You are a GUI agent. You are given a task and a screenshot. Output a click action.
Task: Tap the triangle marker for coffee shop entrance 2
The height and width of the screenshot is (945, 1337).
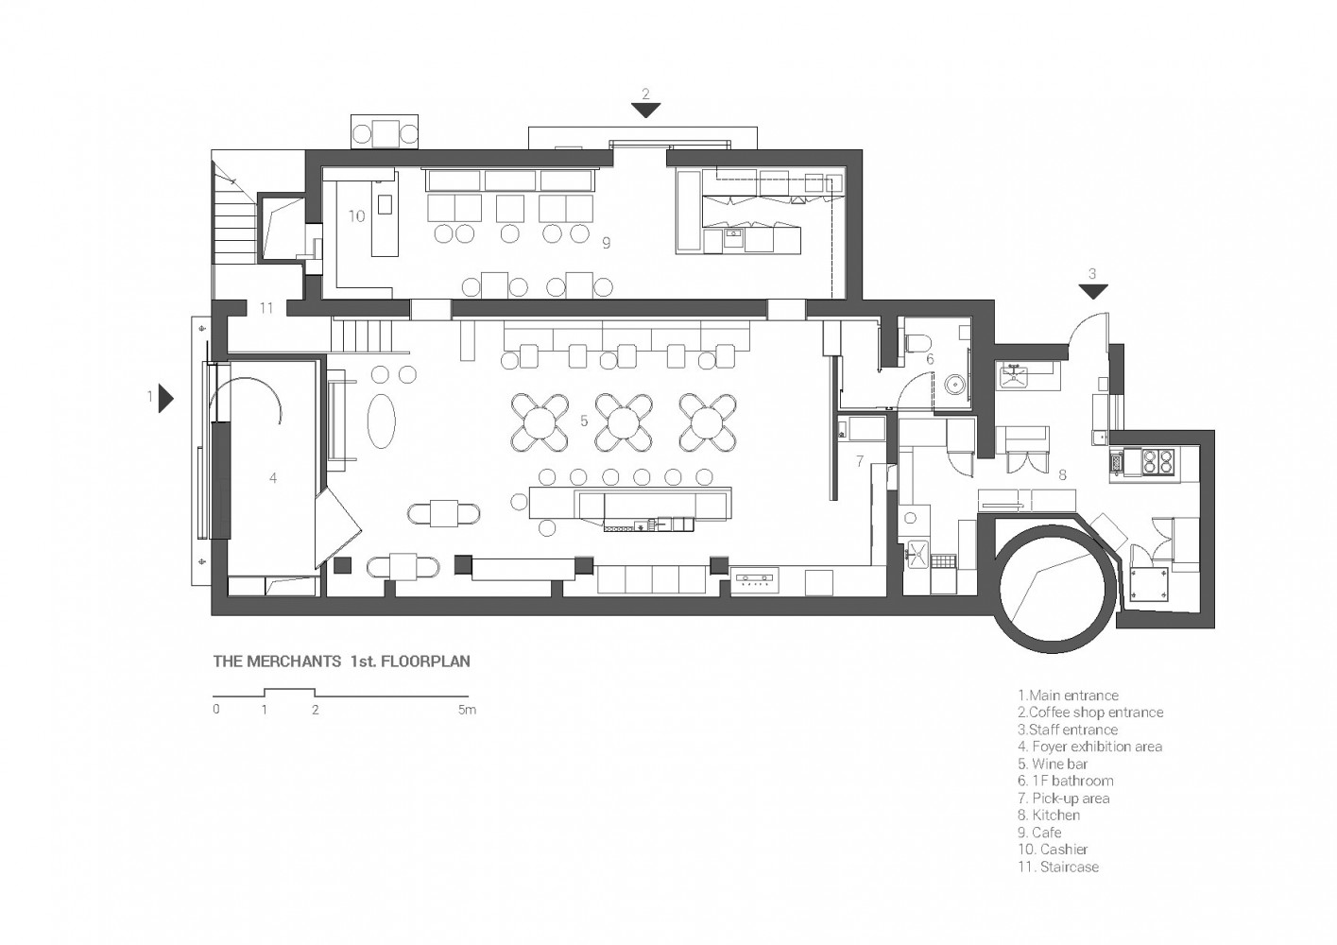point(645,110)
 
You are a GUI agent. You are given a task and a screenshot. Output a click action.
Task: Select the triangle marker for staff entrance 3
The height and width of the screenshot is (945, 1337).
point(1093,291)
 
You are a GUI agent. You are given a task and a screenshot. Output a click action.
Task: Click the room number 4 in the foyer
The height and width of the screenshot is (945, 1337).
point(273,477)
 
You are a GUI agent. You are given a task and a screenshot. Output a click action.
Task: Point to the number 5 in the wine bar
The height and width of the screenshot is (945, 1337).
point(584,421)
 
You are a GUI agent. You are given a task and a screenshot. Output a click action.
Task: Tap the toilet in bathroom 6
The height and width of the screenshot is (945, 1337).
point(918,342)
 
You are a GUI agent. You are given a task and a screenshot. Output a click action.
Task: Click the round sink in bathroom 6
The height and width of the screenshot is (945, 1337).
point(957,385)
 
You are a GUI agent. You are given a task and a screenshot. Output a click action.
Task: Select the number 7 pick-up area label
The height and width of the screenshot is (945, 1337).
point(860,461)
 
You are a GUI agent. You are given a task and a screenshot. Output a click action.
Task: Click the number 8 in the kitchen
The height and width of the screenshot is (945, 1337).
point(1062,475)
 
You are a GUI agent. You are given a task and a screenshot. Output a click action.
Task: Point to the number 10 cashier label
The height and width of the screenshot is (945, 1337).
point(356,216)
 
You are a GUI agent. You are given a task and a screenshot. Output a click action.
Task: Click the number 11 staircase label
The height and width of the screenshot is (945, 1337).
point(266,308)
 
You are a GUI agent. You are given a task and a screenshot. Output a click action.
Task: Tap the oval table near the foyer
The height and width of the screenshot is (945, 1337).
point(381,420)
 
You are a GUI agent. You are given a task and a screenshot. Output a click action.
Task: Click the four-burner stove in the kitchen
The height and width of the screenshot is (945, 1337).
point(1158,460)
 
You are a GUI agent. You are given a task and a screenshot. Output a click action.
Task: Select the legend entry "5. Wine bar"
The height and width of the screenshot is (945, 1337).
point(1053,764)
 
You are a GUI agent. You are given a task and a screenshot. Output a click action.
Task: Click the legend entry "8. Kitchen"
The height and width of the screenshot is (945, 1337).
point(1049,815)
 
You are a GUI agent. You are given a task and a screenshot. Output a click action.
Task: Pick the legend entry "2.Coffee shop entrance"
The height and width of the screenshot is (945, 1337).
point(1090,713)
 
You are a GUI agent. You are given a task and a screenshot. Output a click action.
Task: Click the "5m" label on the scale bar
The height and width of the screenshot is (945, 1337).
point(467,710)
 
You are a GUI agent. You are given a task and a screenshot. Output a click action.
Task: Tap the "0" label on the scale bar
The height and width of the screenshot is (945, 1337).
point(216,710)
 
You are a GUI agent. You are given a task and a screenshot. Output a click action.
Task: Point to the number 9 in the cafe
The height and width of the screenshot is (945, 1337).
point(607,243)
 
